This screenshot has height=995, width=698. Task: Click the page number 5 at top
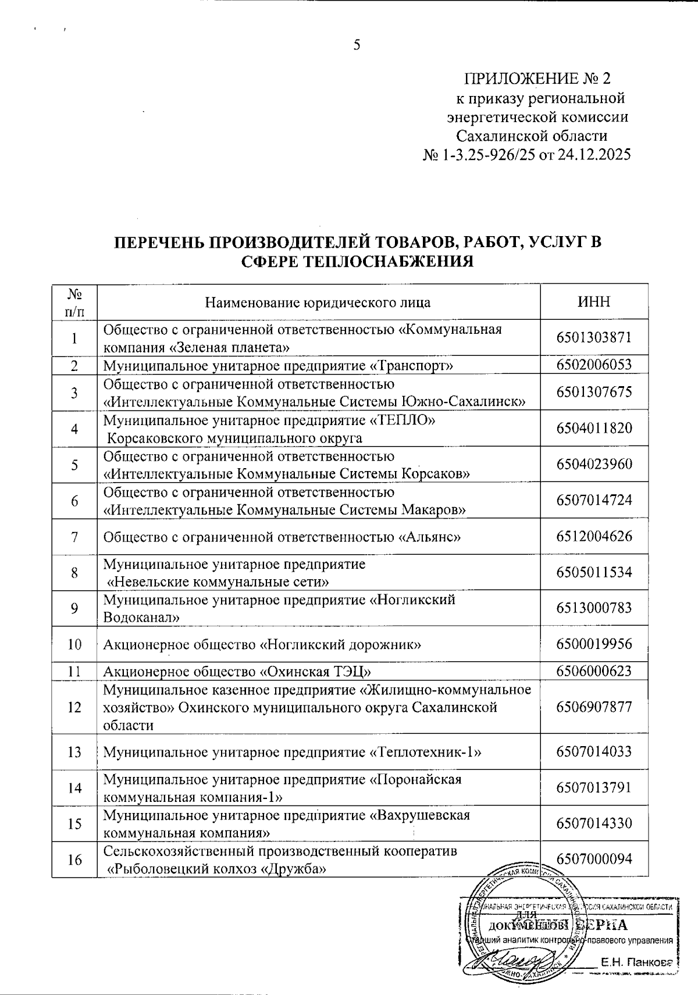click(357, 45)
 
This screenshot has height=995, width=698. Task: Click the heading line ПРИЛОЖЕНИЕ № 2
click(537, 79)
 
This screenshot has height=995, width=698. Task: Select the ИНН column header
click(594, 302)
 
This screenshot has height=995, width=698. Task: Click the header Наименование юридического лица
click(318, 302)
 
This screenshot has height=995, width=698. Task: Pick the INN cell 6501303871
click(594, 338)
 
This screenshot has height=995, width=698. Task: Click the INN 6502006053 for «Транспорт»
click(594, 365)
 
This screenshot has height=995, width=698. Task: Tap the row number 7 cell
click(74, 537)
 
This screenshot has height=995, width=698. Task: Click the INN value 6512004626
click(594, 536)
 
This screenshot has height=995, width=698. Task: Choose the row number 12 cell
click(74, 708)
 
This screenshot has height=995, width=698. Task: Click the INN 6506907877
click(594, 707)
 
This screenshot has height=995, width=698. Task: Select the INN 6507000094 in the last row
click(594, 859)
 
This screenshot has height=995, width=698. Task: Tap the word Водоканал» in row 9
click(137, 618)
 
